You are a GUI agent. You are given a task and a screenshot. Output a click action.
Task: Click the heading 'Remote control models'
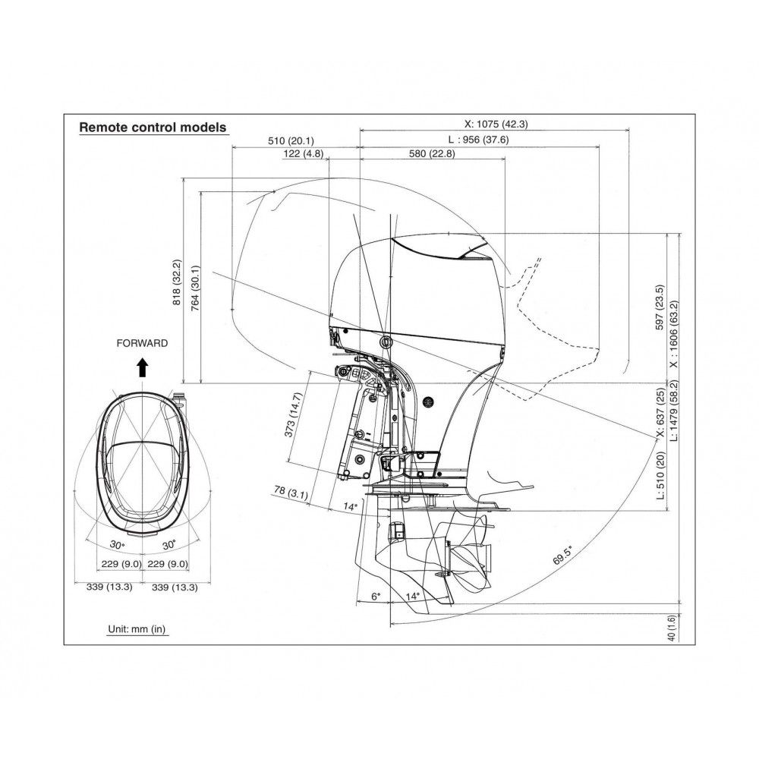tap(153, 128)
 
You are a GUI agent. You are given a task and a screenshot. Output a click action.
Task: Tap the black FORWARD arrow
tap(143, 367)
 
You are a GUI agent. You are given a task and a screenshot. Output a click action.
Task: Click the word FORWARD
tap(143, 343)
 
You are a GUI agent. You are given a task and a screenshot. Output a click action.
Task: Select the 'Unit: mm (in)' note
tap(137, 629)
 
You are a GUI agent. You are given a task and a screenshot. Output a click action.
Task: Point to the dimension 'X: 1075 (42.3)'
tap(496, 124)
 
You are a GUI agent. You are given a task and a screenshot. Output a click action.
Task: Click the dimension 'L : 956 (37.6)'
tap(478, 140)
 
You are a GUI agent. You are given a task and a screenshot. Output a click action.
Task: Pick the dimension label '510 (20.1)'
tap(291, 141)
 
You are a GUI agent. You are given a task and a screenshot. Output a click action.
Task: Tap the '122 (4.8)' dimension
tap(303, 154)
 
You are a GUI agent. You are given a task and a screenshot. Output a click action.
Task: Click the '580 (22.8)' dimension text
tap(432, 154)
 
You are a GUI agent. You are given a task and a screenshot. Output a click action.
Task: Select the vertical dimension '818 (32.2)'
tap(177, 282)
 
